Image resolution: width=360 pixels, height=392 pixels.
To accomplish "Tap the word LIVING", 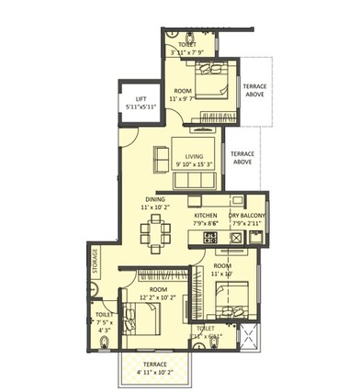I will tap(193, 156).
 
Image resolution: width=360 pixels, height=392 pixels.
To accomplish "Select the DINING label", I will tap(154, 199).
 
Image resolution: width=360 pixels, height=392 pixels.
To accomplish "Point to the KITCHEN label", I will tap(205, 214).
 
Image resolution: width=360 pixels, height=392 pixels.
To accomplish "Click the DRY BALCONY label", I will tap(247, 214).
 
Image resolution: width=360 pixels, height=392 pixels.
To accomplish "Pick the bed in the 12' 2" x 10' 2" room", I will tap(142, 322).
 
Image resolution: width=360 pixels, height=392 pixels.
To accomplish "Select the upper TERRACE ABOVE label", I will tap(254, 90).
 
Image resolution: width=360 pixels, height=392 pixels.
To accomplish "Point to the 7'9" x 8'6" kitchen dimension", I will tap(205, 223).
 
